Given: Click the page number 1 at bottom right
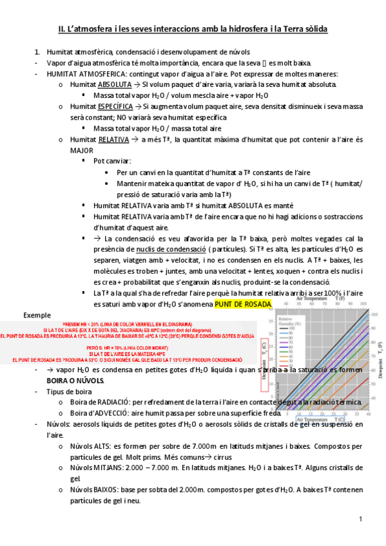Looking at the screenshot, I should (x=362, y=519).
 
